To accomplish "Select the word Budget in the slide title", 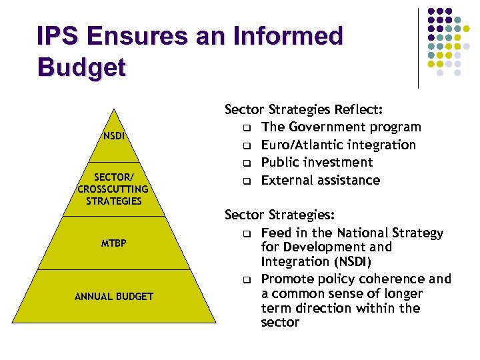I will coord(81,67).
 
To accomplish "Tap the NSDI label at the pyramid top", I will coord(114,137).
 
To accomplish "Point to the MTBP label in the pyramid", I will coord(114,243).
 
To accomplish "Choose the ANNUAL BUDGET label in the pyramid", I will coord(114,296).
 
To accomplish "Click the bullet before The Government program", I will coord(247,127).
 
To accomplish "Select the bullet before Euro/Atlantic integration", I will coord(247,145).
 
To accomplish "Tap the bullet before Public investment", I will coord(247,163).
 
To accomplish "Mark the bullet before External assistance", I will coord(247,181).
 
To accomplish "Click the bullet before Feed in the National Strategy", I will coord(247,233).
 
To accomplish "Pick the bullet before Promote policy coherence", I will coord(247,279).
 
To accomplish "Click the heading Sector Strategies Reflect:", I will coord(307,109).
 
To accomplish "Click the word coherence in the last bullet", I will coord(390,279).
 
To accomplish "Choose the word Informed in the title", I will coord(289,35).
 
